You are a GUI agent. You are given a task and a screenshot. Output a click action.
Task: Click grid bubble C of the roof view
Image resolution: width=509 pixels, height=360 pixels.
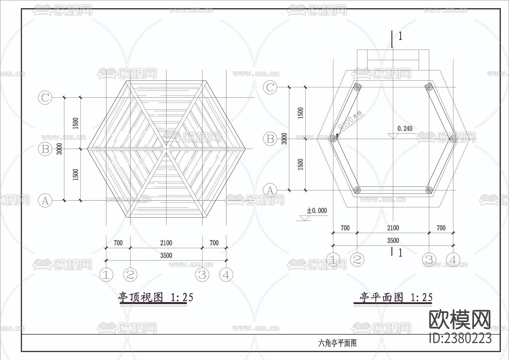[45, 98]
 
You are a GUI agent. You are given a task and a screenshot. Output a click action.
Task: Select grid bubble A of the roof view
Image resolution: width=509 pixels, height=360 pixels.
[45, 200]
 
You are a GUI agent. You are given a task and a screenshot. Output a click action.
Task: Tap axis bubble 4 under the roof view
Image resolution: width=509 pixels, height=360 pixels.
[226, 275]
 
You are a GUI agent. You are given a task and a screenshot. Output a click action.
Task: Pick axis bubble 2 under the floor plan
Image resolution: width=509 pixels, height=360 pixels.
[357, 259]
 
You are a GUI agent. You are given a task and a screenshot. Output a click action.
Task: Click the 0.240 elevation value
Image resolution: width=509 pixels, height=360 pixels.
[405, 128]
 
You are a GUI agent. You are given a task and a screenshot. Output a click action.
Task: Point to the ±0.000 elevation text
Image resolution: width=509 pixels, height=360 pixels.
[317, 211]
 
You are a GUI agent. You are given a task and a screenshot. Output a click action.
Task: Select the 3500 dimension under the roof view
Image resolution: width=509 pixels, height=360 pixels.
[166, 255]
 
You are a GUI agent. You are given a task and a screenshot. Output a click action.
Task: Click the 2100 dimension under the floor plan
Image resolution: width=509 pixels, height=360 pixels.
[393, 228]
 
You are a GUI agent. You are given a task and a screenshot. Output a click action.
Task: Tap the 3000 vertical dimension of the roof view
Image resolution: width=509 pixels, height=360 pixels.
[60, 149]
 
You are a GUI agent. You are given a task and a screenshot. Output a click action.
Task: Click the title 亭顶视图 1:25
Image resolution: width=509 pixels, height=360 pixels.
[155, 297]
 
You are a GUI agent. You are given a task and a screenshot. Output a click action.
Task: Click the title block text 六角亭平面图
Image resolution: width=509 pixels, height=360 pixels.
[337, 343]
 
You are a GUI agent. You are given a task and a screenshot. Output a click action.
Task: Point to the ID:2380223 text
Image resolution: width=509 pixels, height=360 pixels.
[460, 338]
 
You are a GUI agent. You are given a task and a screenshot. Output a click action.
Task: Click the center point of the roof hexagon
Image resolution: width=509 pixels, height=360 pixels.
[166, 149]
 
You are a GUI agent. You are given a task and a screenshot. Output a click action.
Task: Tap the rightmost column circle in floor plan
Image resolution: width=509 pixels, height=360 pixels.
[452, 139]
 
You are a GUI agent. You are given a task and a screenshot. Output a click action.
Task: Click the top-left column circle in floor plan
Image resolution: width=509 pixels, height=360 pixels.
[357, 87]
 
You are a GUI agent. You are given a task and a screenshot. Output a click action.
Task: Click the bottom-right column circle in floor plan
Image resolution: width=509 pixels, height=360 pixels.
[429, 190]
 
